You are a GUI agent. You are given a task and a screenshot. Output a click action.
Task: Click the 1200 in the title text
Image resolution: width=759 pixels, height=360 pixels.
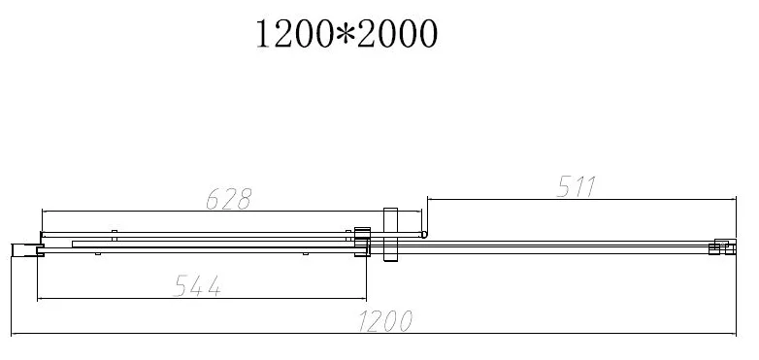(294, 34)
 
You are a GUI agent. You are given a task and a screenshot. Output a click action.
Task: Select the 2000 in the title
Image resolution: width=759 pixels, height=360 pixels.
(398, 34)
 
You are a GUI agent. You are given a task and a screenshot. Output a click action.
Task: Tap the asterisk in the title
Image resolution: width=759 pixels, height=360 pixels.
(346, 33)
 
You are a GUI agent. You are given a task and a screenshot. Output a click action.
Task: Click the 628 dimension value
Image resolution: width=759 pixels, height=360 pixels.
(229, 199)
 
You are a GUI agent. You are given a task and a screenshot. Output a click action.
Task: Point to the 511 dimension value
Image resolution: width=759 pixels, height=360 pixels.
(576, 186)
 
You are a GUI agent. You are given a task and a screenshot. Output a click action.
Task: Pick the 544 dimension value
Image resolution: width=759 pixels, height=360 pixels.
(197, 286)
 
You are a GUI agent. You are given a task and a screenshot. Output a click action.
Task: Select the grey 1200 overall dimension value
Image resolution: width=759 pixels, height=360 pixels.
(385, 321)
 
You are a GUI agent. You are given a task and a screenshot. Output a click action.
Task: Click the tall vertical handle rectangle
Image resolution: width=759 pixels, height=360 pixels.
(390, 235)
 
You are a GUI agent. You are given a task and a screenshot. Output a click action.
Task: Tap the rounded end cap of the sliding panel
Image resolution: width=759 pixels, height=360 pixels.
(424, 235)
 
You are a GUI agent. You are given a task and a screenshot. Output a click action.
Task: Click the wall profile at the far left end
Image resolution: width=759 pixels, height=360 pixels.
(24, 249)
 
